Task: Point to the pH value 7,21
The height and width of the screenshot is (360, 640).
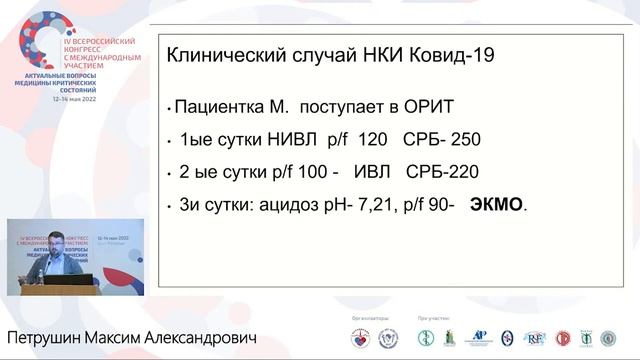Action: pyautogui.click(x=373, y=204)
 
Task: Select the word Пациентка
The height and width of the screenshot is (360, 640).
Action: pyautogui.click(x=216, y=105)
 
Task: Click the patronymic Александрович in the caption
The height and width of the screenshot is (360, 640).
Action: pyautogui.click(x=201, y=337)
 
